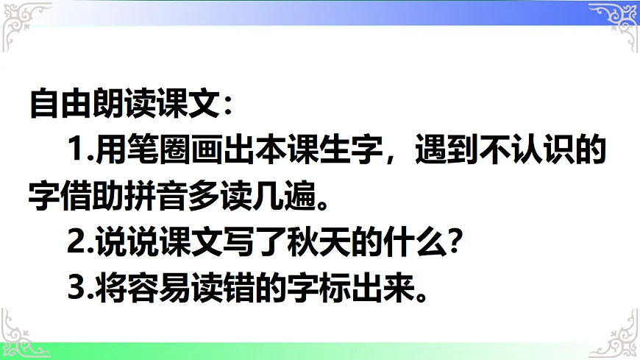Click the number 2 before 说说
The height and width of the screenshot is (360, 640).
pos(76,244)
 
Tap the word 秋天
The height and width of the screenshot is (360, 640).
pos(311,244)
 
